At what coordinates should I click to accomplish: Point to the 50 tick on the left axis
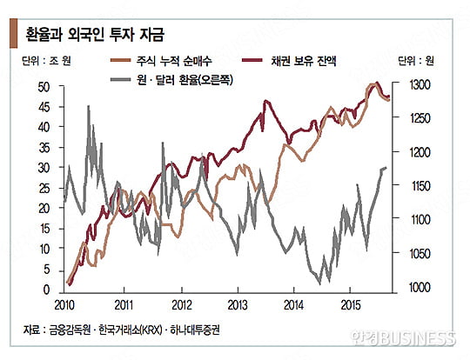(43, 86)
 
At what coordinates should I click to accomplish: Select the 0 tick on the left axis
(46, 290)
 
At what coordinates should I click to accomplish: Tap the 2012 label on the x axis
(180, 306)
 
